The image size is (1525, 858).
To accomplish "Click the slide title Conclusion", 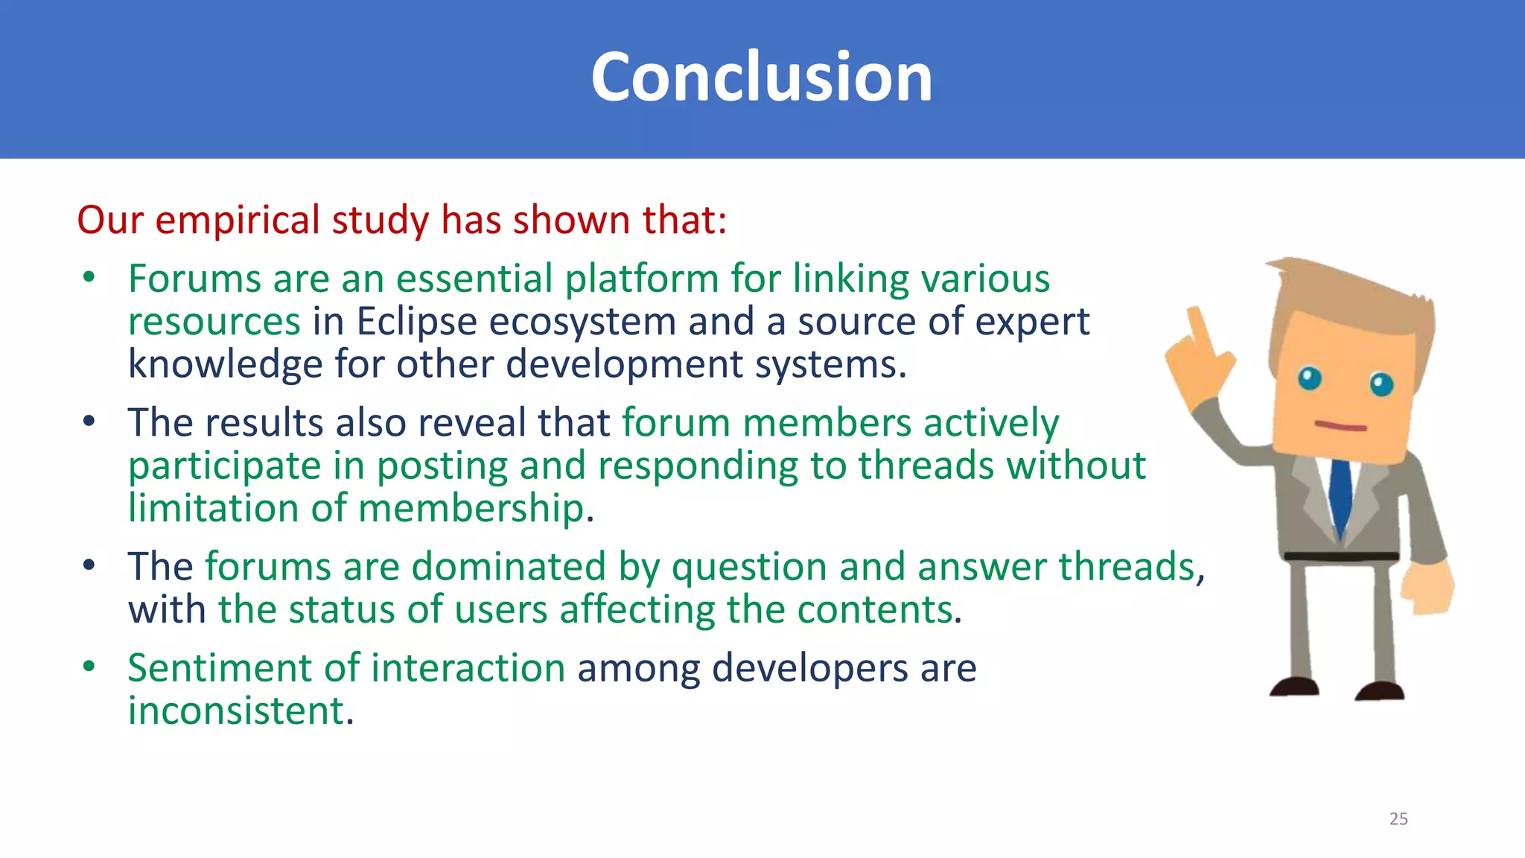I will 761,77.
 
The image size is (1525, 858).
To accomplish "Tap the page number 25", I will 1398,819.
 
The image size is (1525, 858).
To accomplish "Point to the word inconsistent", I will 240,711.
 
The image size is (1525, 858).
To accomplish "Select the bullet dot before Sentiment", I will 89,667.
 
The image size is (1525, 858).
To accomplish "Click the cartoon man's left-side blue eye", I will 1309,378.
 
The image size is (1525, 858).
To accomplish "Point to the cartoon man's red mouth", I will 1340,427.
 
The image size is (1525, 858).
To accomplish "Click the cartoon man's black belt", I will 1340,556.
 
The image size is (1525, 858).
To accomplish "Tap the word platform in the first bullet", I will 641,279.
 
